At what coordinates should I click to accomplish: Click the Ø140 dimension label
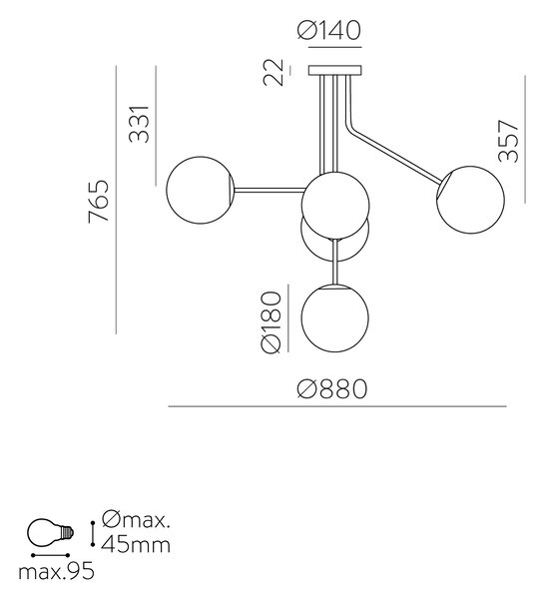click(x=329, y=30)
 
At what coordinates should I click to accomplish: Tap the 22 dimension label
click(x=273, y=72)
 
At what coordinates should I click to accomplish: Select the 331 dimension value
click(x=138, y=124)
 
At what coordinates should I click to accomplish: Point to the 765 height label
click(x=99, y=201)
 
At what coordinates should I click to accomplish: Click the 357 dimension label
click(x=509, y=141)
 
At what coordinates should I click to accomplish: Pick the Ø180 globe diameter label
click(x=271, y=322)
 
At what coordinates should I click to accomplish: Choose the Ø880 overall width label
click(x=332, y=389)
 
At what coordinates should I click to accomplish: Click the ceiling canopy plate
click(x=335, y=70)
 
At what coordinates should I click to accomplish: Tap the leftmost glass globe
click(x=200, y=190)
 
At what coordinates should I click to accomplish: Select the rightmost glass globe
click(x=470, y=200)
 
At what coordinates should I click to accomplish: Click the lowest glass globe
click(x=335, y=317)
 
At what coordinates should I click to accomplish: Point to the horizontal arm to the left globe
click(x=269, y=190)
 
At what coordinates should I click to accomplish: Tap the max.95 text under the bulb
click(x=56, y=572)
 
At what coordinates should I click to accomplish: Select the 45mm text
click(x=136, y=544)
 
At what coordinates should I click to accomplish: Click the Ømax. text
click(x=135, y=520)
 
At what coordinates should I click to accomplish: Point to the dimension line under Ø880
click(x=337, y=406)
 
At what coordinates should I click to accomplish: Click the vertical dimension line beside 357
click(x=525, y=139)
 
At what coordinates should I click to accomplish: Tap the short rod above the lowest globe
click(x=335, y=262)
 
